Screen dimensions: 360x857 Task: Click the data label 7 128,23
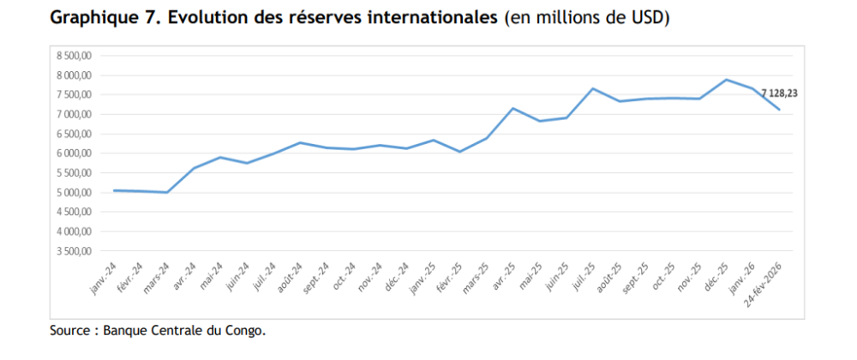(777, 93)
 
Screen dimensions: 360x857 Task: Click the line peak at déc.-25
(727, 80)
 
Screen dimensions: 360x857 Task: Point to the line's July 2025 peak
(592, 88)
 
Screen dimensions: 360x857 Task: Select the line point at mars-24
(166, 192)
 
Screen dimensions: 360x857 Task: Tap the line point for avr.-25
(512, 108)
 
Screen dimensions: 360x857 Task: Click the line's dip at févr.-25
(459, 152)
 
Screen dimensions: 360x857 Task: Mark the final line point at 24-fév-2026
(779, 110)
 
